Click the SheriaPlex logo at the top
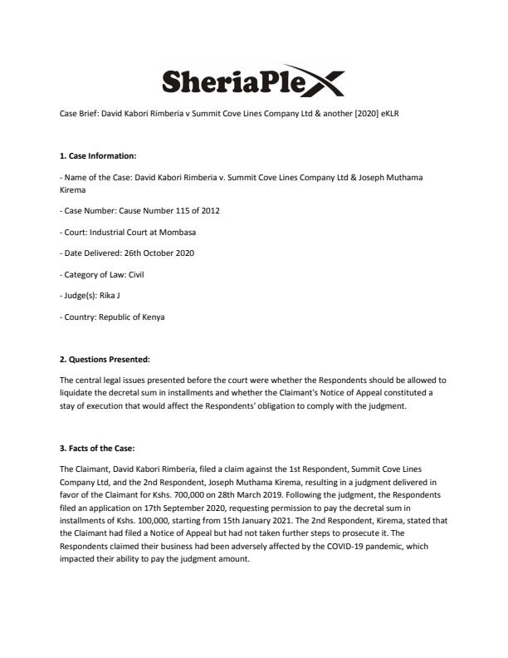point(253,81)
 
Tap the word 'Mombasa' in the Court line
point(177,232)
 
